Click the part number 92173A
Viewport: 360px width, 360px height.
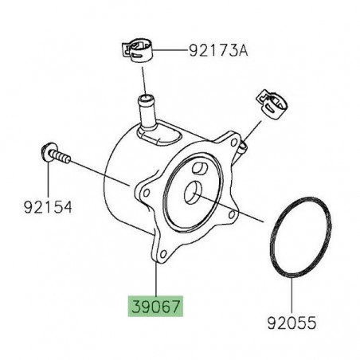click(218, 51)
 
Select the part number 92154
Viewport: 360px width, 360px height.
click(48, 207)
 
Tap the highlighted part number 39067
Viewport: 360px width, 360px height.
click(156, 307)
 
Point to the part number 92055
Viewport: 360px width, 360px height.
click(292, 323)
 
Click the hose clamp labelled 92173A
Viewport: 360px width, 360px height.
click(137, 51)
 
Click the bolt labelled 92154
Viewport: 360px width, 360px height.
click(57, 154)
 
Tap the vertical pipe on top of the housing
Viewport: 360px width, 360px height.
click(147, 114)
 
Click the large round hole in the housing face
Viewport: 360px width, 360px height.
click(193, 192)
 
